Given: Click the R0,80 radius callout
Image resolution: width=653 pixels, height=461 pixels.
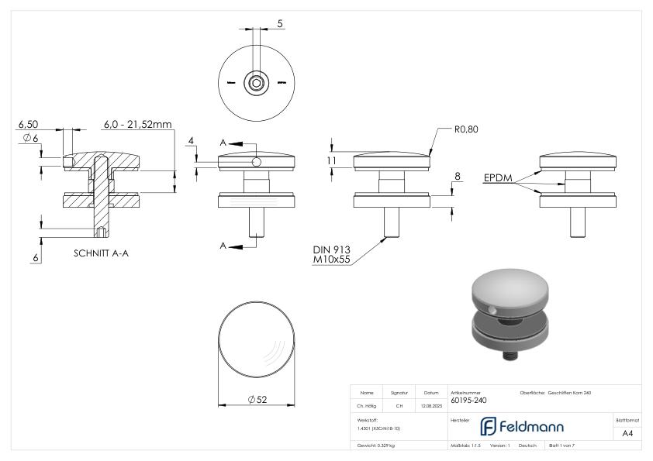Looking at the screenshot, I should pyautogui.click(x=466, y=129).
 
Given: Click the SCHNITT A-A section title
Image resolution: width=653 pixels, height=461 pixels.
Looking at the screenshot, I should pyautogui.click(x=101, y=253).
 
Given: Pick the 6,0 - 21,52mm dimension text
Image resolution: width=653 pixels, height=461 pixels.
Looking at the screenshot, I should pyautogui.click(x=138, y=124).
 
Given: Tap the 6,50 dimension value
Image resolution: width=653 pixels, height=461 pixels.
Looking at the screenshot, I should pyautogui.click(x=28, y=124).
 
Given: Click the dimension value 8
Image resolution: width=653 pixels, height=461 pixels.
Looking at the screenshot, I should pyautogui.click(x=457, y=177).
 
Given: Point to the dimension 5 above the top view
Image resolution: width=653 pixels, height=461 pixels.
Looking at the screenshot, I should pyautogui.click(x=279, y=24).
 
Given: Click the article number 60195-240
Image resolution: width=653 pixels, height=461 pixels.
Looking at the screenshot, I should pyautogui.click(x=468, y=401).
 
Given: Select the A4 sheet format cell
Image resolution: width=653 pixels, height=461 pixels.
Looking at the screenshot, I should pyautogui.click(x=627, y=433).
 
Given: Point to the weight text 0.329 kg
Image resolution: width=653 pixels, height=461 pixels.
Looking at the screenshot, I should pyautogui.click(x=377, y=446).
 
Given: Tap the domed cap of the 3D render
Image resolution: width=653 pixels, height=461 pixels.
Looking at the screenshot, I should pyautogui.click(x=509, y=290).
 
